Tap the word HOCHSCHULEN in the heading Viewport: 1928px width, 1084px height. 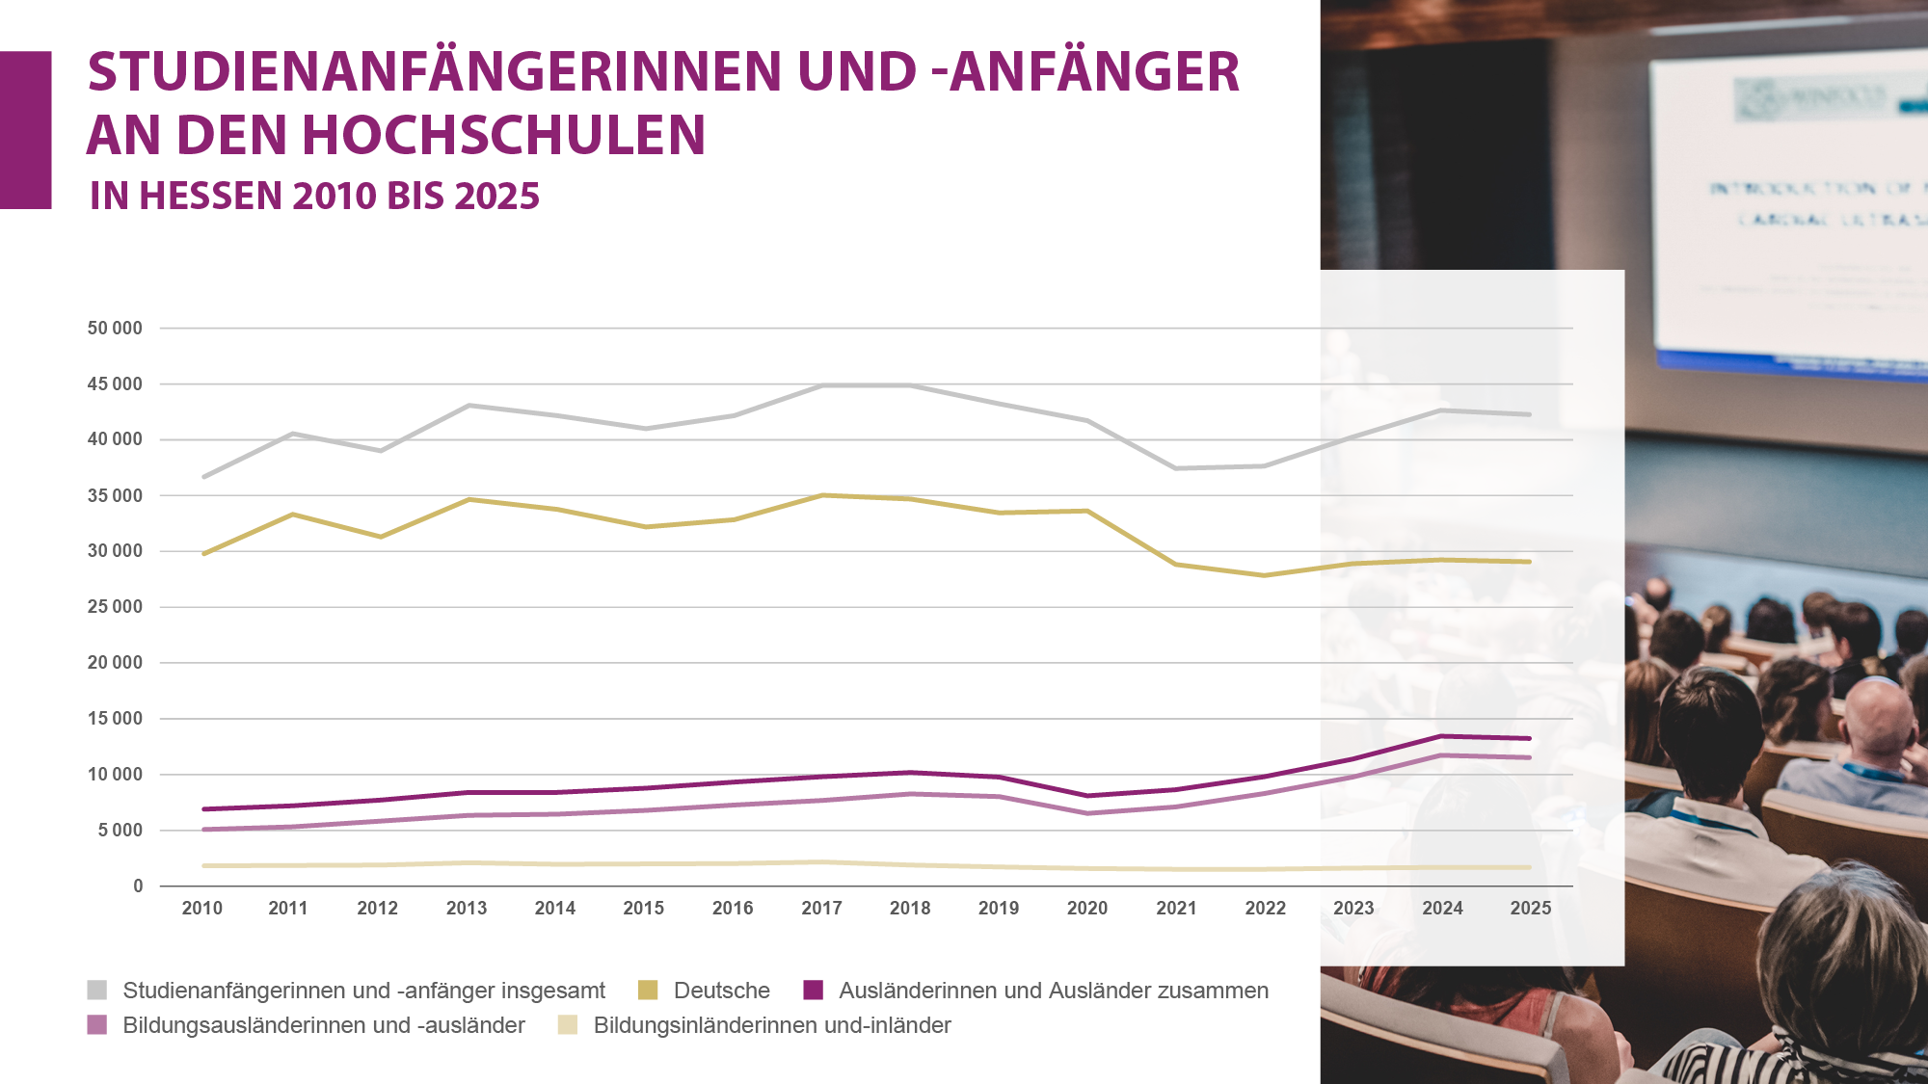504,135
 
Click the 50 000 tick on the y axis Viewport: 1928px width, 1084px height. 115,329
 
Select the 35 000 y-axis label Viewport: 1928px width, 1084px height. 115,496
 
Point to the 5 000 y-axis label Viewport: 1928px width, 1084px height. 120,831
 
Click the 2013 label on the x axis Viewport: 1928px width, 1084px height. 467,909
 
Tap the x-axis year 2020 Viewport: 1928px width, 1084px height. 1087,909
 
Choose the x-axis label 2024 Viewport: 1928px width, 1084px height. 1442,909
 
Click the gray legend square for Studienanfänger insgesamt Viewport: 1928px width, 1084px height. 97,991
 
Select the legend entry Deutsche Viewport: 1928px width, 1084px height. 721,991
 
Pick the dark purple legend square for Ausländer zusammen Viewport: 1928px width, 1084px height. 814,991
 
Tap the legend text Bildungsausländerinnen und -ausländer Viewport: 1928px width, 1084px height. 324,1025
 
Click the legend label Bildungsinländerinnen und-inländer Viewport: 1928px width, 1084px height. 772,1025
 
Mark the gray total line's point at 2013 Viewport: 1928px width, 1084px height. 469,406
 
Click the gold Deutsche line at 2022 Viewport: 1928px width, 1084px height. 1265,575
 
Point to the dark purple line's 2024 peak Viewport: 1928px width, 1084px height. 1441,737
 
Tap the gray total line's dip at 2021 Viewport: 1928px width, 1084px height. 1176,468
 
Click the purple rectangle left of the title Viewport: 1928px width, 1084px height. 25,130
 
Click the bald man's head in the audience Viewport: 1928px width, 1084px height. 1877,713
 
